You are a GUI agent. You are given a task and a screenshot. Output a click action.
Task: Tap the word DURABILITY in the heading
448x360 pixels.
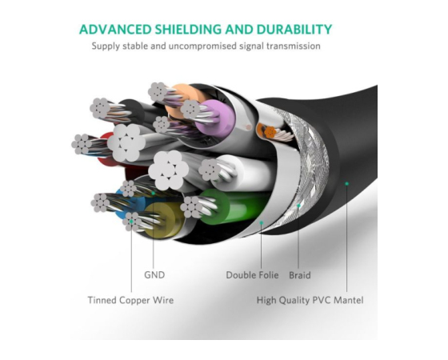coord(294,30)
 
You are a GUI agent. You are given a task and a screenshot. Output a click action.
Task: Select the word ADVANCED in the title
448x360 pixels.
coord(115,30)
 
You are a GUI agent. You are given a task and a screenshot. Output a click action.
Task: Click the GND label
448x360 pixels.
coord(154,275)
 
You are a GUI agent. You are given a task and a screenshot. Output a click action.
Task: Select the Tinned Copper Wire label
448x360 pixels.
coord(130,300)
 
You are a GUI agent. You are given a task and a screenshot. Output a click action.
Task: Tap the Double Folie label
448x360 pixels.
coord(252,275)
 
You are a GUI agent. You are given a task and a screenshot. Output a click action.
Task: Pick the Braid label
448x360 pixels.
coord(300,275)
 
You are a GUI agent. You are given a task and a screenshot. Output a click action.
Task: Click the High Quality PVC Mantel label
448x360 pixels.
coord(310,300)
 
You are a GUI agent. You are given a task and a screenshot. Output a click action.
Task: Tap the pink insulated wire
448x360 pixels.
coord(216,118)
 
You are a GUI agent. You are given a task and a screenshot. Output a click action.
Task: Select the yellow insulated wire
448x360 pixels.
coord(162,220)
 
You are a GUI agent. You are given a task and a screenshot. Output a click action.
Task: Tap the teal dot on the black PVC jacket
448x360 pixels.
coord(347,184)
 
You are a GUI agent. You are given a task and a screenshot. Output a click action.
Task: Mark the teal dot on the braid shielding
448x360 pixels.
coord(298,206)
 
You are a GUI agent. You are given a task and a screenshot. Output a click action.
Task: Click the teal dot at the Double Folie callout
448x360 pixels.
coord(261,222)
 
